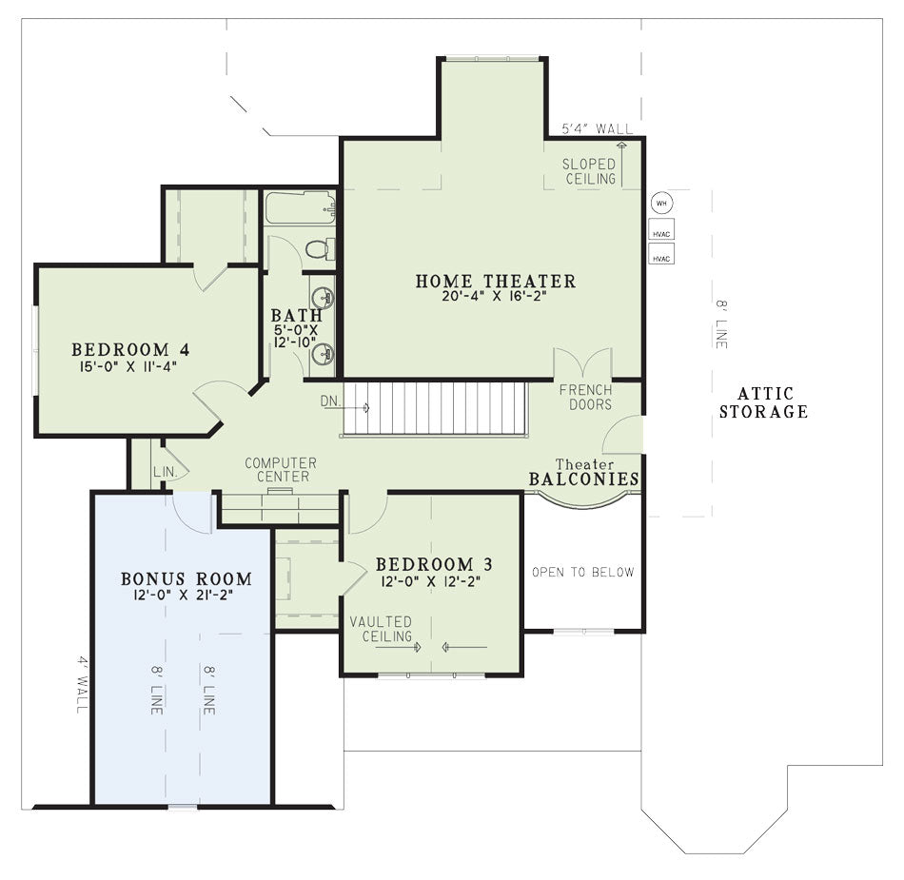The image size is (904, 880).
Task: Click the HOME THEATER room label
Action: [x=495, y=282]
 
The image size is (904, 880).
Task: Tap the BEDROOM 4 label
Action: [x=130, y=349]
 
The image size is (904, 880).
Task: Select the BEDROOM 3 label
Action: [x=433, y=564]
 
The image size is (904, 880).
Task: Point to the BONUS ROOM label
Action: [x=187, y=578]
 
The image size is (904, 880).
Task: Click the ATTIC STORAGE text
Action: [x=763, y=402]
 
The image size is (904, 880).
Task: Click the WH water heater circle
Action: [x=661, y=203]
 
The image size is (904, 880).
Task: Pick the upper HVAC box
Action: [x=661, y=228]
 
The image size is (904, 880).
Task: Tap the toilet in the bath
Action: [x=320, y=249]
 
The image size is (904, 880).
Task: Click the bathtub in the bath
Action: [x=300, y=207]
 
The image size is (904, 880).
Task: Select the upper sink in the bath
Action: [x=323, y=298]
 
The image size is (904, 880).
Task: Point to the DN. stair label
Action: [x=331, y=401]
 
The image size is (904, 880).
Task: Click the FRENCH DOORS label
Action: [x=586, y=397]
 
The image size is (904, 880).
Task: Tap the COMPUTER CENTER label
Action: [x=282, y=470]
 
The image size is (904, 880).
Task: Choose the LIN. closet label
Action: [x=166, y=472]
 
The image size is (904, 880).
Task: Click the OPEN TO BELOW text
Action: [x=583, y=573]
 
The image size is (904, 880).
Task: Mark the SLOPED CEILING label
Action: [x=589, y=172]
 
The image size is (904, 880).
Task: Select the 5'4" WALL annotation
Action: [x=598, y=128]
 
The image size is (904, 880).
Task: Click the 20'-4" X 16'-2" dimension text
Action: [x=495, y=296]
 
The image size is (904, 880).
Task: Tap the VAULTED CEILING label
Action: [x=381, y=629]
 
